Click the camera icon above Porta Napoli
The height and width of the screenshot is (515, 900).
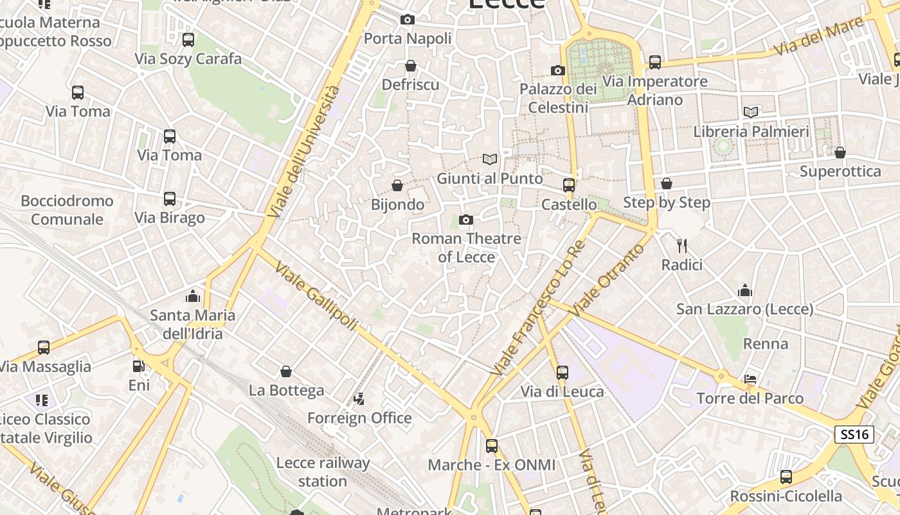[x=407, y=20]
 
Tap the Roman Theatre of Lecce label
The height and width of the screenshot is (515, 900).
[x=466, y=248]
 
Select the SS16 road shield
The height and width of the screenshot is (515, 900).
[x=854, y=435]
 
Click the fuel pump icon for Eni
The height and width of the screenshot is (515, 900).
[x=138, y=366]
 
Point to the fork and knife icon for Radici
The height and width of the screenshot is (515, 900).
[x=682, y=245]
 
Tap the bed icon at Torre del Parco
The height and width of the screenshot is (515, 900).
[x=750, y=379]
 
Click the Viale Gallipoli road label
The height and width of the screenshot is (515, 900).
[x=315, y=297]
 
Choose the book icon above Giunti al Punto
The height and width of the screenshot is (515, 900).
[x=490, y=159]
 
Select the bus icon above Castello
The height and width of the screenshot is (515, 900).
[x=568, y=185]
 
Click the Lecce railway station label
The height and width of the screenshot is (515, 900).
[x=323, y=472]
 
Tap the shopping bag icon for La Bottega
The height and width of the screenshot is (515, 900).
[x=286, y=371]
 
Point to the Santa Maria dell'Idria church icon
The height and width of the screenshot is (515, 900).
[x=192, y=296]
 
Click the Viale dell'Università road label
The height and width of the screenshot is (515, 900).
[x=303, y=152]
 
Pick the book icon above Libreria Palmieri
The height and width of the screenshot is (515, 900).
[x=750, y=112]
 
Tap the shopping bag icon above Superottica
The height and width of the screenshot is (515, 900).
[x=840, y=153]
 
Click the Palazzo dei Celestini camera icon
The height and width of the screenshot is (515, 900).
[x=557, y=70]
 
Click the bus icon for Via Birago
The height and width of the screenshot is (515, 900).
[x=169, y=198]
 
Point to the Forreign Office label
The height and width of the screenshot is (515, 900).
[x=359, y=418]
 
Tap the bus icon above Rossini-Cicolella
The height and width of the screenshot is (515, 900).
[x=786, y=477]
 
